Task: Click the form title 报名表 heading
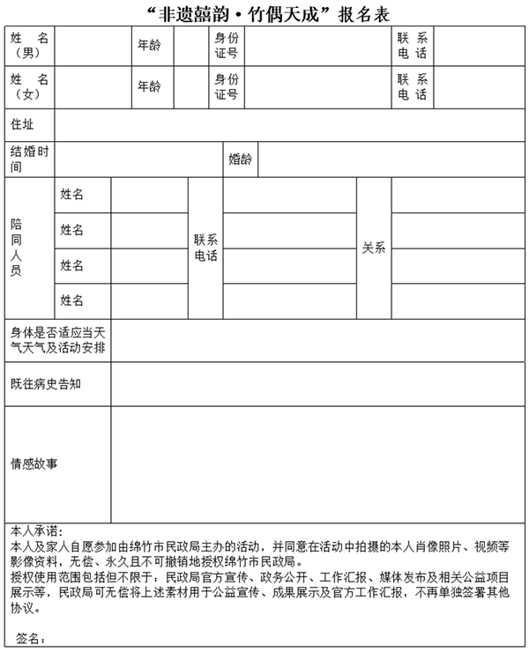pos(264,12)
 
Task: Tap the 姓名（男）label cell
pos(29,46)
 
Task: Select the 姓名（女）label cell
pos(29,86)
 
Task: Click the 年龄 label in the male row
pos(149,46)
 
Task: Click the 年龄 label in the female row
pos(149,86)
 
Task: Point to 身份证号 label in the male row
pos(227,46)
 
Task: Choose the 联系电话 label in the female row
pos(412,86)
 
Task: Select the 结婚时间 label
pos(29,159)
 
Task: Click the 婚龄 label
pos(240,159)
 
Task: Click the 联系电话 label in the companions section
pos(205,248)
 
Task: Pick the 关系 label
pos(374,248)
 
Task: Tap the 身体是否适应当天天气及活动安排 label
pos(57,340)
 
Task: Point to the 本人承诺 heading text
pos(35,531)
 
